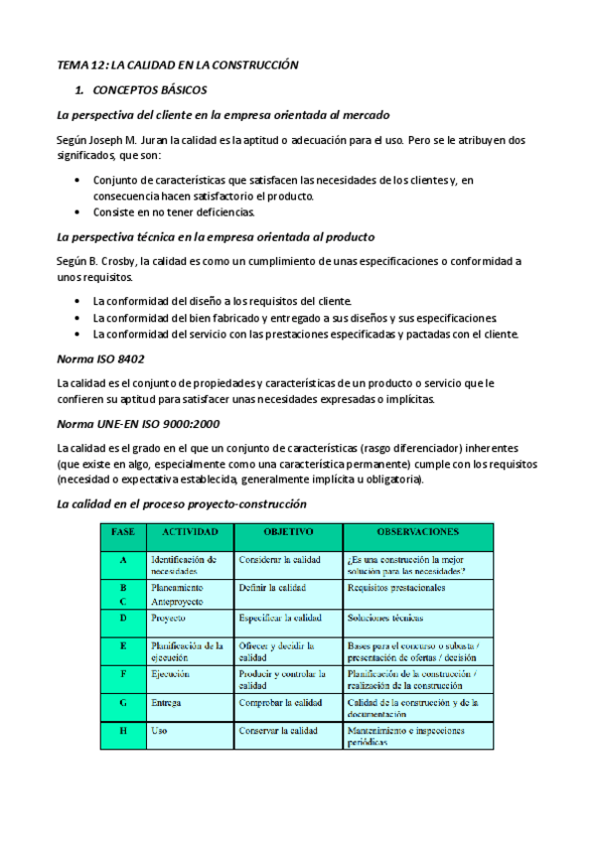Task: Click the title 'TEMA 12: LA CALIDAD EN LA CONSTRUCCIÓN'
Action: pos(178,65)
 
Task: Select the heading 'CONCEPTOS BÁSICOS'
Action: pos(147,89)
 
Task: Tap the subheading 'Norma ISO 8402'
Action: pos(102,357)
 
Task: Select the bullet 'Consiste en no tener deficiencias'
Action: pos(175,211)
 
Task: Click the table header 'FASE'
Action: pos(123,533)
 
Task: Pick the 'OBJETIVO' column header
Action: pos(287,533)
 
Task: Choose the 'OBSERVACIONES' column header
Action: pos(416,533)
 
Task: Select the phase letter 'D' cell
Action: pos(123,618)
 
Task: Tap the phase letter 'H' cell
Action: pos(123,732)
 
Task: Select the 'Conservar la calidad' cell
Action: pos(279,732)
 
